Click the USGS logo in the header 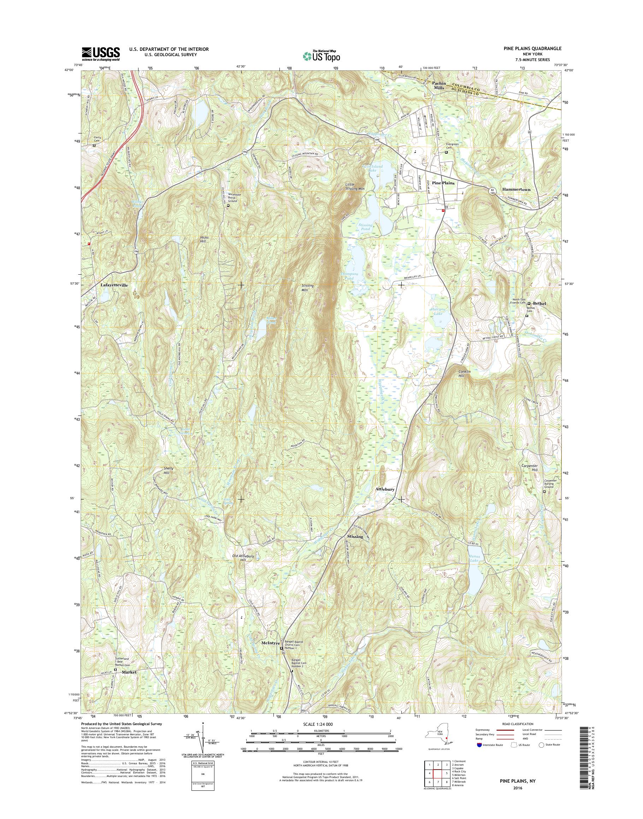point(101,54)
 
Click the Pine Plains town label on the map point(443,183)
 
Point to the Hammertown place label point(516,190)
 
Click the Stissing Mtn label point(307,288)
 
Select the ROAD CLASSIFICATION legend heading point(518,724)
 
